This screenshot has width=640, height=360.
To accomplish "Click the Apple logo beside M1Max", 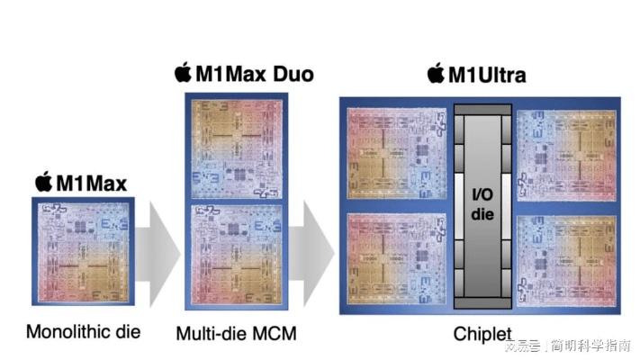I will point(43,183).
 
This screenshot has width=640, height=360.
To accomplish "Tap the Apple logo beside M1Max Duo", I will point(183,72).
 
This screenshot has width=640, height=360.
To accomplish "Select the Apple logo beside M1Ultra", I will point(437,72).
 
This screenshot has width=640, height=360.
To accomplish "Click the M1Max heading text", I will point(92,184).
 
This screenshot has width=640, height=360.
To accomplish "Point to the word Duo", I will point(291,74).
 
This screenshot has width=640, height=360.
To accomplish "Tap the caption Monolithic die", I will point(84,331).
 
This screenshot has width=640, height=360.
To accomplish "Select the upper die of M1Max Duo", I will point(237,146).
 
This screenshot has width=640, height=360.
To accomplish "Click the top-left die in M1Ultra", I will point(397,155).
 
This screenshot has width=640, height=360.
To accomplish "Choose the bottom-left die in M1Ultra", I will point(397,258).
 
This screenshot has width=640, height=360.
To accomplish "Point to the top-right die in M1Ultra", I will point(567,155).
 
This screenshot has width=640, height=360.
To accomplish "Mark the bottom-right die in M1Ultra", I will point(567,260).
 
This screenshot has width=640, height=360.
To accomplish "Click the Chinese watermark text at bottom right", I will point(567,346).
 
